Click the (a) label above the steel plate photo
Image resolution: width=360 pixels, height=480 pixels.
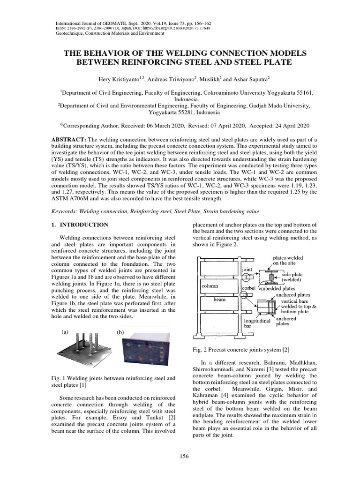pyautogui.click(x=65, y=331)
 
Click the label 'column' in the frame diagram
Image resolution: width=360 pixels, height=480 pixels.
pyautogui.click(x=210, y=285)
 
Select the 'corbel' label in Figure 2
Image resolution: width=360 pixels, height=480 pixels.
pyautogui.click(x=248, y=289)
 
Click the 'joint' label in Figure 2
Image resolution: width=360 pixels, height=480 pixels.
pyautogui.click(x=247, y=270)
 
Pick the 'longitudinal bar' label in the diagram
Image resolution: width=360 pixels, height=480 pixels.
pyautogui.click(x=255, y=323)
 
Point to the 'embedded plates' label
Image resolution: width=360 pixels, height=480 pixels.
pyautogui.click(x=280, y=289)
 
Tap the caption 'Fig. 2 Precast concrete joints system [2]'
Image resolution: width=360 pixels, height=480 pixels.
pyautogui.click(x=237, y=349)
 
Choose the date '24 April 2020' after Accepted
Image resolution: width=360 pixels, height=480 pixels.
pyautogui.click(x=289, y=126)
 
